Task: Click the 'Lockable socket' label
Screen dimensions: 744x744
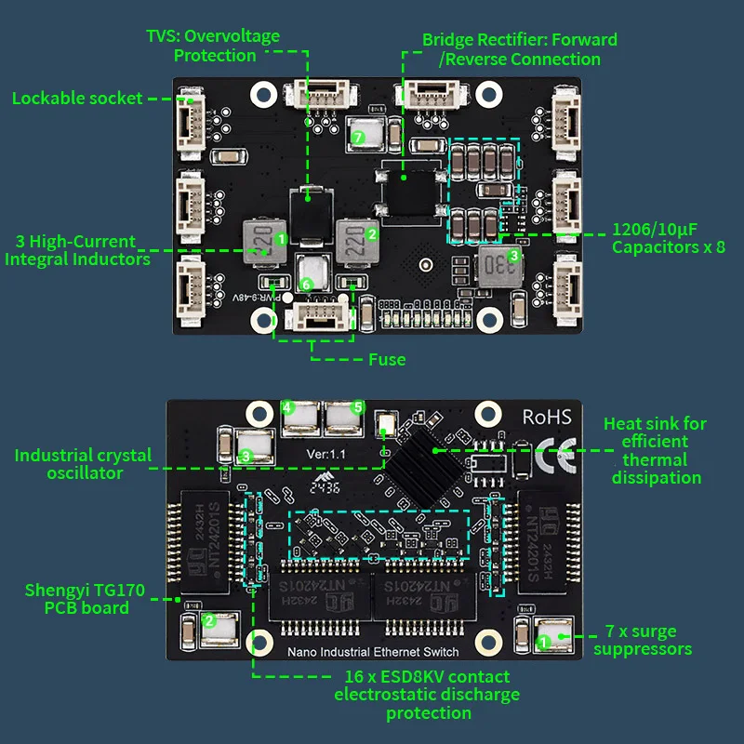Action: (x=77, y=98)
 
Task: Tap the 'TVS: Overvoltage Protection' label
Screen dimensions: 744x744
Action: (x=226, y=46)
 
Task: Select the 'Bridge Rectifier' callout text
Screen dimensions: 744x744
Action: (x=519, y=49)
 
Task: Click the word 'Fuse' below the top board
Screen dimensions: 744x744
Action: (x=386, y=359)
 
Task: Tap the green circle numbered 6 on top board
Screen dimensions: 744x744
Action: (x=308, y=283)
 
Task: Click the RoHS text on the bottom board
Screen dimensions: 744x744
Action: (x=547, y=418)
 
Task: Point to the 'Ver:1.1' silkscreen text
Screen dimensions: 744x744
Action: (x=328, y=454)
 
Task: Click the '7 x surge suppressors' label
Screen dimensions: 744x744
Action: (x=643, y=641)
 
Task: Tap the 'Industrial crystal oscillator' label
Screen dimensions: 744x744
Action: (x=83, y=464)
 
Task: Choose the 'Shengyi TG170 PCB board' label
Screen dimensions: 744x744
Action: (x=76, y=598)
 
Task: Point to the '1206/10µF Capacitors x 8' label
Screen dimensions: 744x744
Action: (x=669, y=238)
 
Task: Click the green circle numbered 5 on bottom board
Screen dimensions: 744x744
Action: (x=356, y=407)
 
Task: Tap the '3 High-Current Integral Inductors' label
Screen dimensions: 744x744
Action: (x=77, y=250)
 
